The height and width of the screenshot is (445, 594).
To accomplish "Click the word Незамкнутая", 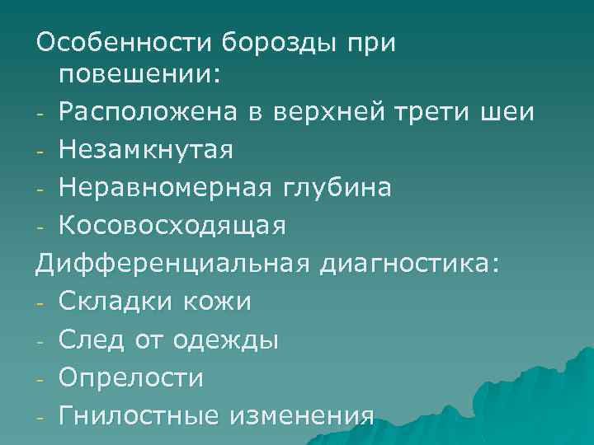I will pos(146,149).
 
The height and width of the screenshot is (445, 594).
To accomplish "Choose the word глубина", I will pos(339,187).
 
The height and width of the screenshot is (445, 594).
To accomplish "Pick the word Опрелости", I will pos(131,377).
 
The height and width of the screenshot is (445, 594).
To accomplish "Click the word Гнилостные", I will pos(137,415).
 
